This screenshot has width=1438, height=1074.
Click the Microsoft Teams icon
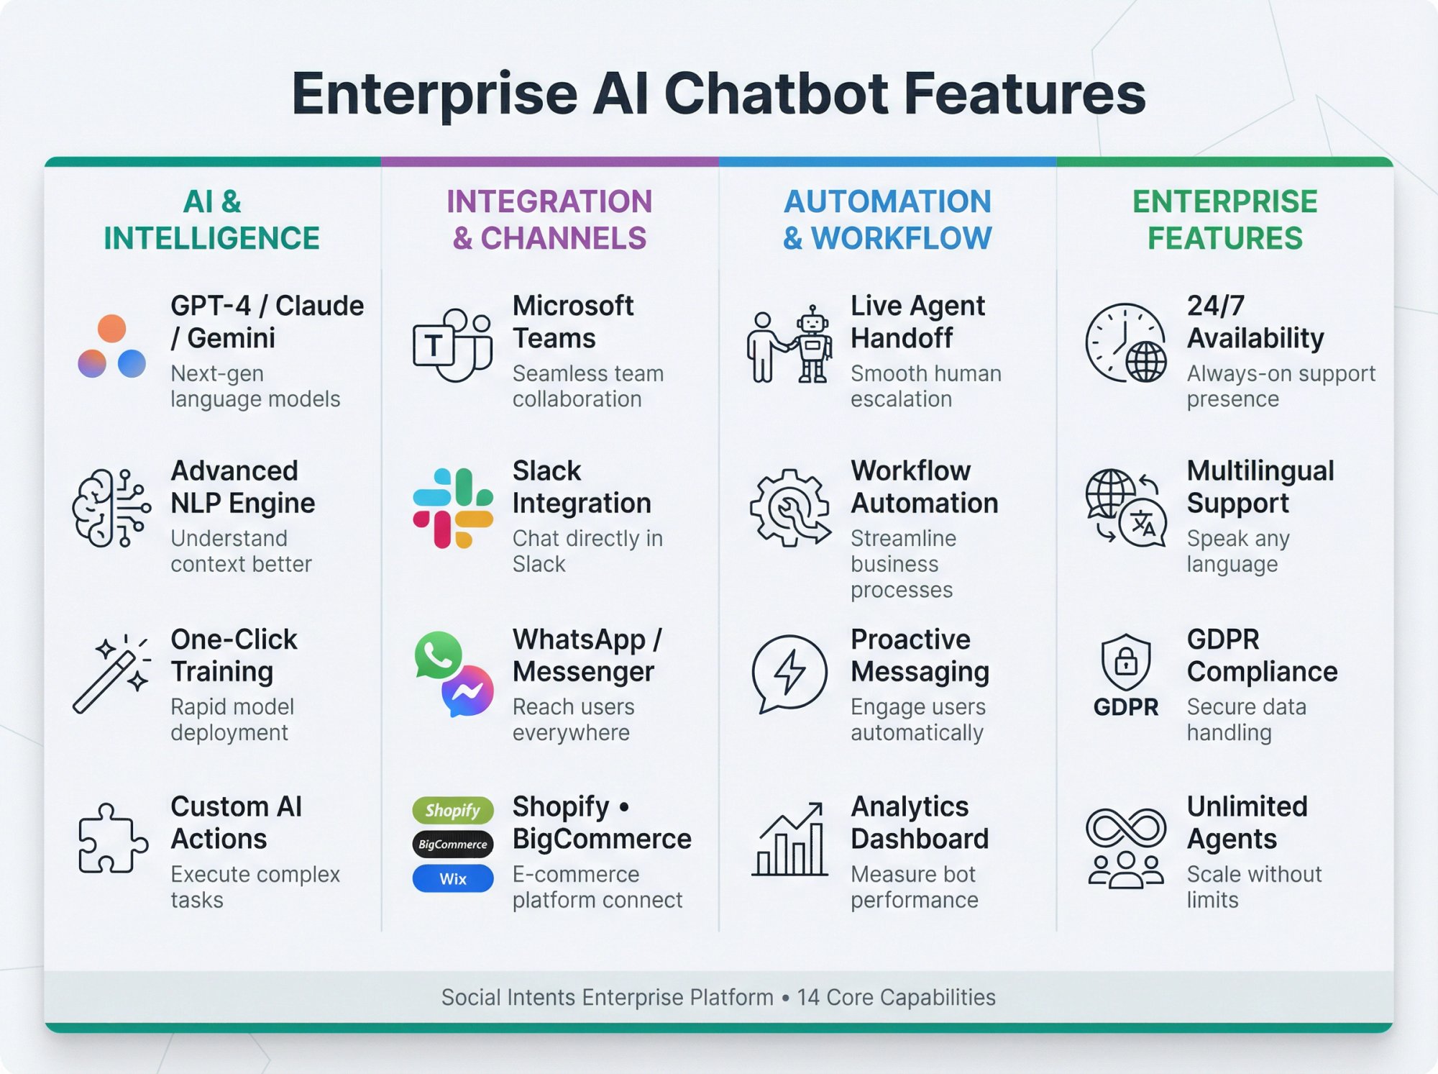point(453,345)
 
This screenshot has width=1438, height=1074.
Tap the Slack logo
point(453,508)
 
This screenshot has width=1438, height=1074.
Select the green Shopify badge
point(453,811)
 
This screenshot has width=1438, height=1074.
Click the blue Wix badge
point(453,878)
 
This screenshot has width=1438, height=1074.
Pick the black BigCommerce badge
point(453,845)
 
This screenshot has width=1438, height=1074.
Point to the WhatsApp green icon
point(437,655)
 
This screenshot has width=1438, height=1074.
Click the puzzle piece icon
point(112,838)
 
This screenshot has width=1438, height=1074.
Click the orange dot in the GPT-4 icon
point(111,329)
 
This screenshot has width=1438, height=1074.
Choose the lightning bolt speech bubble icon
point(789,673)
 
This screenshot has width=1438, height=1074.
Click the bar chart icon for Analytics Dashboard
point(789,840)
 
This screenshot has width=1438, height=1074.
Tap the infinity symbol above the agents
point(1126,827)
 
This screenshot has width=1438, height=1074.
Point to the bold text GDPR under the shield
point(1126,707)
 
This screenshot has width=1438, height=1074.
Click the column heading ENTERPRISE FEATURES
point(1224,220)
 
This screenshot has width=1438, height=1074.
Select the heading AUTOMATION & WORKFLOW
point(887,220)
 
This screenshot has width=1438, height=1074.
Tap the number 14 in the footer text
point(807,997)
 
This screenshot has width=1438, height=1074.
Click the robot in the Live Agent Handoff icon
point(812,344)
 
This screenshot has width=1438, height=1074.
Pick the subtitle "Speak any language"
point(1238,551)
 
